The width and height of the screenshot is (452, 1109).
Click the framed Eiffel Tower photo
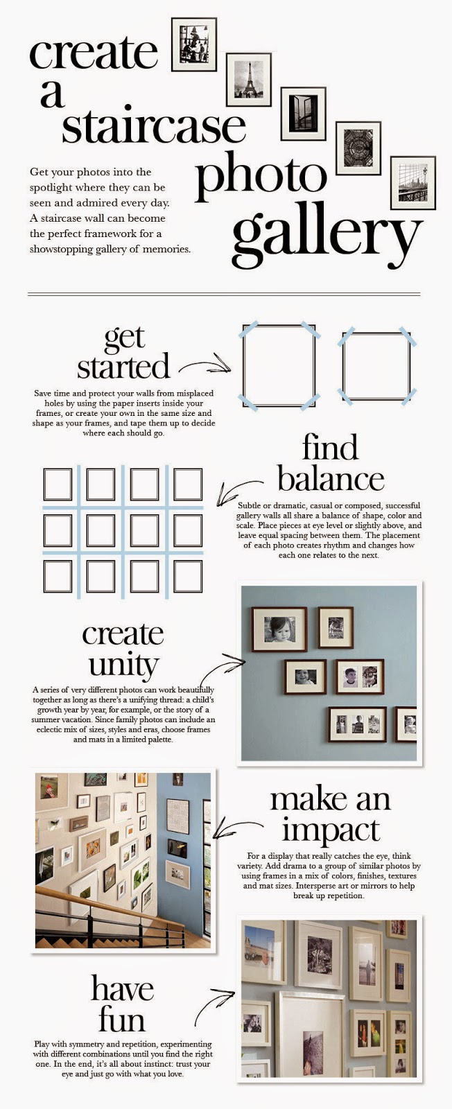pyautogui.click(x=248, y=80)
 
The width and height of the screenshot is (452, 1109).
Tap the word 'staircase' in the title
pyautogui.click(x=153, y=124)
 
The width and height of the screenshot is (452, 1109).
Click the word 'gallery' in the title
pyautogui.click(x=327, y=234)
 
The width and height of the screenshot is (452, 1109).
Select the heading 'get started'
pyautogui.click(x=124, y=352)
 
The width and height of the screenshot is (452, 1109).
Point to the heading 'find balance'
pyautogui.click(x=331, y=462)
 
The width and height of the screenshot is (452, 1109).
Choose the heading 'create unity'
pyautogui.click(x=123, y=649)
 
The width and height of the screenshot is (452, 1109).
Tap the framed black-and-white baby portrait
pyautogui.click(x=279, y=629)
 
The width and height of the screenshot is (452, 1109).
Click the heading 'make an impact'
pyautogui.click(x=331, y=814)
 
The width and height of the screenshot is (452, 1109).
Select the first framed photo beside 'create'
pyautogui.click(x=194, y=44)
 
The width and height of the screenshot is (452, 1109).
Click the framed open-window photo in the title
pyautogui.click(x=303, y=114)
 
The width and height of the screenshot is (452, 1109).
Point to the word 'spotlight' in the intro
pyautogui.click(x=51, y=188)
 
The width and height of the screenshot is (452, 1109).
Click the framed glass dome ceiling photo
pyautogui.click(x=358, y=148)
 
